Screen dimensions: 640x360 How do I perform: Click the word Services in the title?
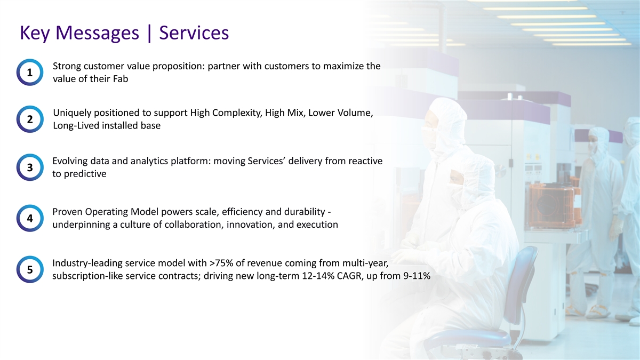pyautogui.click(x=194, y=33)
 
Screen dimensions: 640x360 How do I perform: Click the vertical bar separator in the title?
pyautogui.click(x=149, y=34)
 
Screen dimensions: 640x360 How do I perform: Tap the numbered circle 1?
pyautogui.click(x=30, y=73)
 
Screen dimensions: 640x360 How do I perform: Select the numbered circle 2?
pyautogui.click(x=30, y=119)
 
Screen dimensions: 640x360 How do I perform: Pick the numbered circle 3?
pyautogui.click(x=30, y=167)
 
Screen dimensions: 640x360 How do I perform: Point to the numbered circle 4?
pyautogui.click(x=30, y=218)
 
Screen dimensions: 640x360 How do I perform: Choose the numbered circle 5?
pyautogui.click(x=30, y=269)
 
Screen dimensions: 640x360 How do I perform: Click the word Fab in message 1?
pyautogui.click(x=121, y=79)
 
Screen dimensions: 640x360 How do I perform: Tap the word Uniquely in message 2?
pyautogui.click(x=72, y=113)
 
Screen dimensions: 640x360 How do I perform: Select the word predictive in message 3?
pyautogui.click(x=85, y=174)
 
